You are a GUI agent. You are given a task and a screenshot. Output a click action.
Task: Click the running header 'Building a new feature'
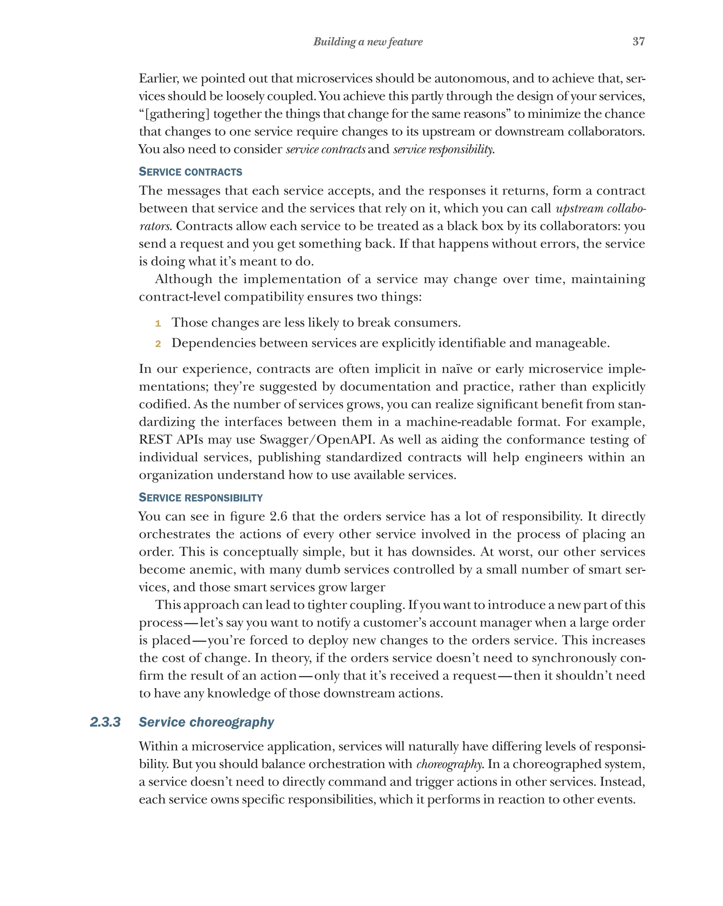tap(368, 42)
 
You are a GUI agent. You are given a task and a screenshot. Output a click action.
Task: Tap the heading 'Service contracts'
tap(190, 172)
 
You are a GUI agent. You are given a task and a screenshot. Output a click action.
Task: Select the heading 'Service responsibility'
tap(201, 498)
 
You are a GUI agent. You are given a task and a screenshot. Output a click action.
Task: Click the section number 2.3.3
tap(105, 722)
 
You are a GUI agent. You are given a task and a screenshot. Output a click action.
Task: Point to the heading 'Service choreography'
tap(206, 722)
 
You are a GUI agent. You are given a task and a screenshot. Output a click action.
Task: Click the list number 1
tap(158, 323)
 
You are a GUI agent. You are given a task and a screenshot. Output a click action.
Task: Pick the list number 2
tap(158, 344)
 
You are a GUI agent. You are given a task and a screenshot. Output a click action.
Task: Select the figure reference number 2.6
tap(279, 516)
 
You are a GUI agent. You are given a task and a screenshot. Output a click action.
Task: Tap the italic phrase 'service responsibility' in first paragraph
tap(443, 149)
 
